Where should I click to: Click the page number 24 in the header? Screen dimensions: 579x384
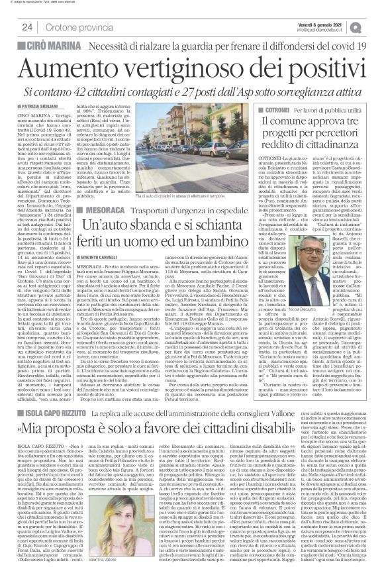(27, 26)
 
